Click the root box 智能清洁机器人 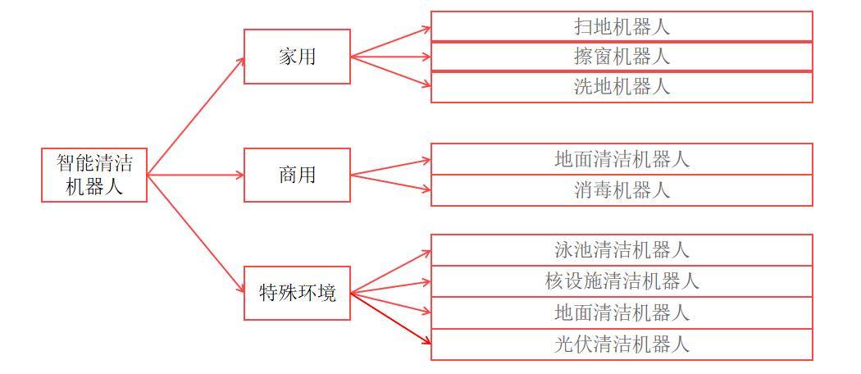click(94, 175)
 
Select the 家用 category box click(297, 57)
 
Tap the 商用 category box click(297, 175)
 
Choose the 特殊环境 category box click(297, 294)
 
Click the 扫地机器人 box click(622, 26)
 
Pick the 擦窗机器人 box click(622, 57)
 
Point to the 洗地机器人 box click(622, 87)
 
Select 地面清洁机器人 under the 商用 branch click(622, 159)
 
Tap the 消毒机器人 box click(622, 190)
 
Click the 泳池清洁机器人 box click(622, 250)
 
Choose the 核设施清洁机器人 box click(622, 282)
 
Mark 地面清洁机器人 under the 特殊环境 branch click(622, 313)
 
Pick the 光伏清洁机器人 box click(622, 344)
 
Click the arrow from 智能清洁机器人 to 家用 click(195, 116)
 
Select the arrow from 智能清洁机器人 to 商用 click(195, 176)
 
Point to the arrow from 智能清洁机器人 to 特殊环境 click(195, 234)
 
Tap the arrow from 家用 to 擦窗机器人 click(391, 57)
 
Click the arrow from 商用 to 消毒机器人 click(391, 183)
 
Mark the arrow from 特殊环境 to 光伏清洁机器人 click(391, 318)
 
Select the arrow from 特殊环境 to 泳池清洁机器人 click(391, 271)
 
